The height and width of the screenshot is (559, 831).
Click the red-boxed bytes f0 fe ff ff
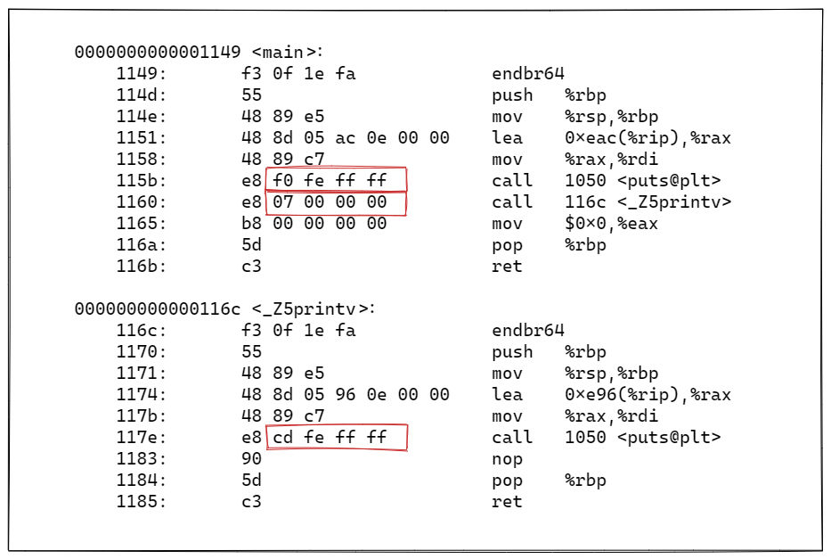tap(336, 180)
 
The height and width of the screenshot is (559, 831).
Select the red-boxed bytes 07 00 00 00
tap(336, 202)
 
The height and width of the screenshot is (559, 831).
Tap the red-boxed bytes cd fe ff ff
tap(336, 438)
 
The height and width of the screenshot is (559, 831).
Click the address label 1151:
tap(142, 138)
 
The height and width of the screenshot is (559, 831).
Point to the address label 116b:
tap(142, 267)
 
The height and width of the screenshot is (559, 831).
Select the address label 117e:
tap(142, 438)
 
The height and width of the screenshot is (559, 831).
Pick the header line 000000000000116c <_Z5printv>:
tap(225, 309)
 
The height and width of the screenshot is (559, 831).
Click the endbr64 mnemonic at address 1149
tap(528, 74)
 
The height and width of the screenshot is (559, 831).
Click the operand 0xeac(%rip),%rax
tap(648, 138)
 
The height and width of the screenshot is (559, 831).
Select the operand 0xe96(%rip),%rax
tap(648, 395)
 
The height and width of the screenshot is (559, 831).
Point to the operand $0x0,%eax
tap(611, 224)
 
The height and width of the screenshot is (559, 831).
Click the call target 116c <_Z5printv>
tap(648, 202)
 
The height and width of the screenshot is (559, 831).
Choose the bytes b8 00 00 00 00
tap(314, 224)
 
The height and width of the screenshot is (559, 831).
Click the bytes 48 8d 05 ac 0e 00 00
tap(346, 138)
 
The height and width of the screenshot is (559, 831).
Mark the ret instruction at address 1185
tap(507, 502)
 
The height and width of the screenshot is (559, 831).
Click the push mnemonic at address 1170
tap(512, 352)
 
